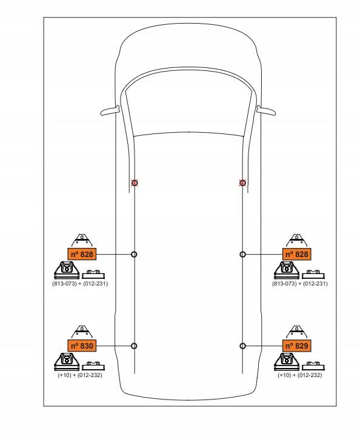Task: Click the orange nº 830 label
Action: click(x=82, y=346)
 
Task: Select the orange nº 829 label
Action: click(x=296, y=346)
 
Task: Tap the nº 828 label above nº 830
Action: click(x=82, y=254)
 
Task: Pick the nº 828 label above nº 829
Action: click(x=296, y=254)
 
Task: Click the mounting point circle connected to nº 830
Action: click(x=134, y=346)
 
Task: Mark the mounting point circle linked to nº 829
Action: click(x=242, y=346)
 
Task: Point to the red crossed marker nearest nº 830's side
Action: click(x=135, y=182)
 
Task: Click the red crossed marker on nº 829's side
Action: click(x=242, y=182)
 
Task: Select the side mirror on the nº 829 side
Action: click(x=266, y=110)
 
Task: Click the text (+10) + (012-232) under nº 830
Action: click(x=80, y=375)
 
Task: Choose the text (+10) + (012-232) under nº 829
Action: click(x=300, y=375)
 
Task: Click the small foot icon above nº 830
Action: click(x=82, y=332)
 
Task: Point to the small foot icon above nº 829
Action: click(x=296, y=332)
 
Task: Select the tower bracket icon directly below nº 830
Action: click(x=67, y=361)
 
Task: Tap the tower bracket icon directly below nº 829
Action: click(x=287, y=361)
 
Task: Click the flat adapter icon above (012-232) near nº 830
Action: click(x=93, y=366)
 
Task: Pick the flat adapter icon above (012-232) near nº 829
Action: click(x=313, y=366)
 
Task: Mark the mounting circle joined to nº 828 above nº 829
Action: click(x=242, y=254)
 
